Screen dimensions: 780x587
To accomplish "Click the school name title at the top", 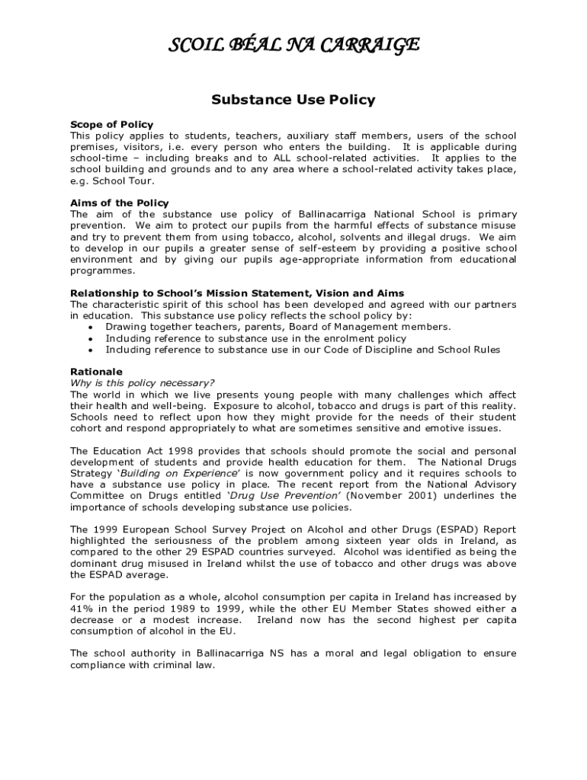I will (293, 46).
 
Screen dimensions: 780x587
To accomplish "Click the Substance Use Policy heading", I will (293, 100).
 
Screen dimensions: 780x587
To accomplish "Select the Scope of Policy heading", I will (111, 124).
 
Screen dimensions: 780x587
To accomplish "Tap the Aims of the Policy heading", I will (120, 203).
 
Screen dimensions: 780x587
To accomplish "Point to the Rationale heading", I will (96, 372).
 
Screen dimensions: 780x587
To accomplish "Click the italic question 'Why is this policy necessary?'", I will (143, 383).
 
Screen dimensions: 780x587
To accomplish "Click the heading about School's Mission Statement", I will (237, 293).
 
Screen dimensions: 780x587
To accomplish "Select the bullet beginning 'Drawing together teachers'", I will (278, 327).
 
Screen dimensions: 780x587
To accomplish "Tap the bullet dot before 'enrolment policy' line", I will (91, 339).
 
